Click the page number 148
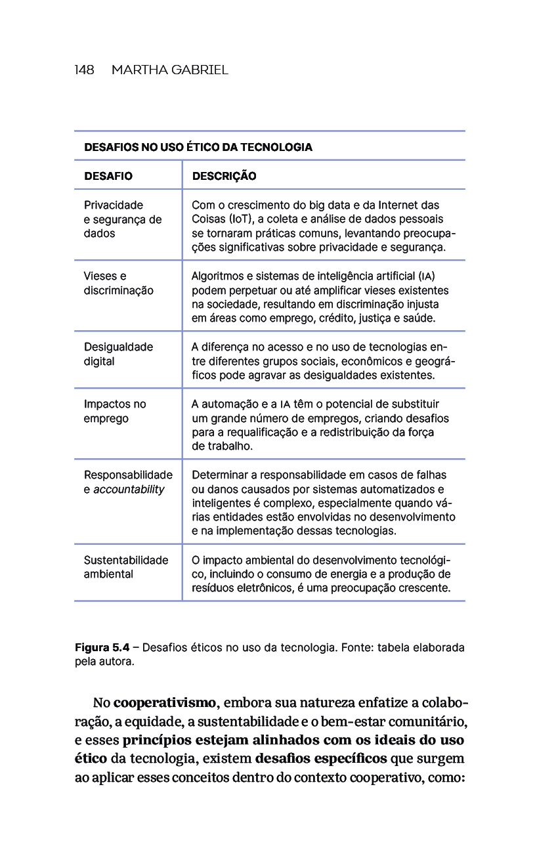pos(84,70)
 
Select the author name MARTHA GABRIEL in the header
pos(170,70)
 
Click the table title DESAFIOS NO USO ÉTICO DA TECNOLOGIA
pos(198,147)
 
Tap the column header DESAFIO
pos(108,176)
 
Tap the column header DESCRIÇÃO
pos(224,176)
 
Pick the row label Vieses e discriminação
pos(118,283)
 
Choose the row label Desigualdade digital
pos(118,354)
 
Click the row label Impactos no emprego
pos(115,411)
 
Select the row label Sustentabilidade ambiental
pos(126,567)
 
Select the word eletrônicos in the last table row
pos(256,588)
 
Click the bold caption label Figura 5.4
pos(102,648)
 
